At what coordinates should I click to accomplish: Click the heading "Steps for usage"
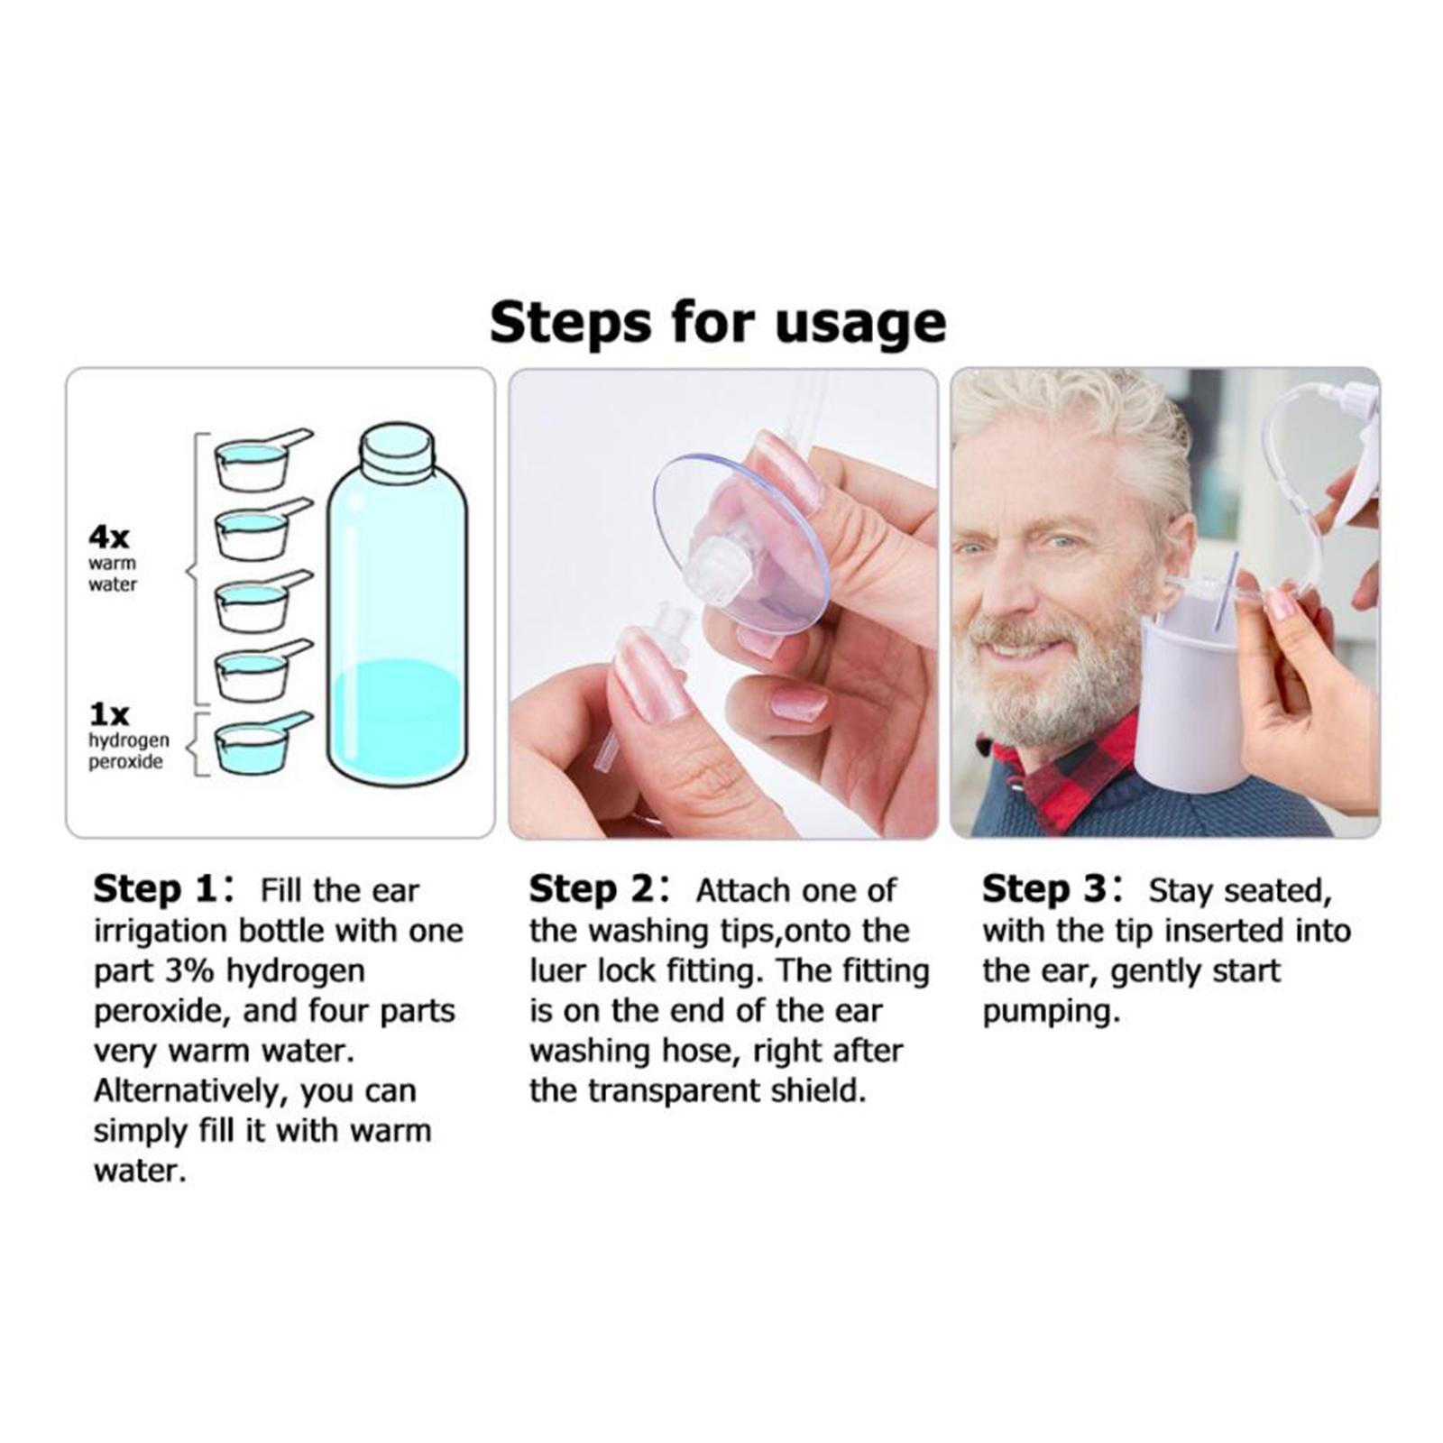click(x=718, y=323)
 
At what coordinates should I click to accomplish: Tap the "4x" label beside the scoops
click(x=109, y=538)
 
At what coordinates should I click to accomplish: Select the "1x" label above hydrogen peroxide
click(x=109, y=715)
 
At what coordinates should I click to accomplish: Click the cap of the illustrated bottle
click(x=397, y=448)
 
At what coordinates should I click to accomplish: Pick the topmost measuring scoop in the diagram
click(x=262, y=458)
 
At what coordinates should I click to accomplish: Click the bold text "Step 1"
click(x=154, y=889)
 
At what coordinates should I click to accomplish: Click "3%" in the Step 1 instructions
click(x=191, y=971)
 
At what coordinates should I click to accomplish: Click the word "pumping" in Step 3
click(x=1051, y=1014)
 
